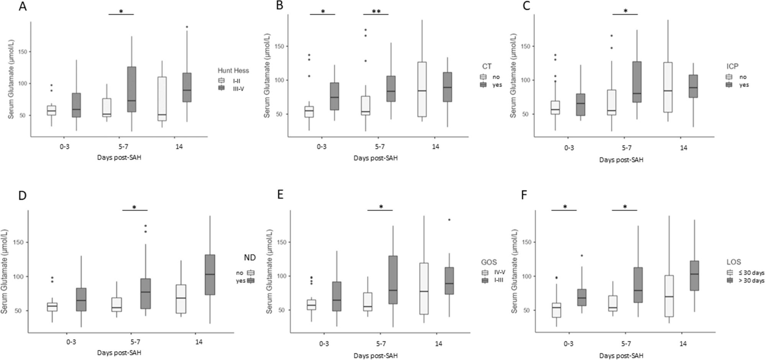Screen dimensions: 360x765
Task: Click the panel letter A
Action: click(23, 7)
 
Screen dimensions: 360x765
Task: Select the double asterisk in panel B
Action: click(376, 11)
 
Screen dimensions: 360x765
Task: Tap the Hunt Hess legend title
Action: click(233, 70)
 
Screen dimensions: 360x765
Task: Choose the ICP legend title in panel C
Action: click(732, 67)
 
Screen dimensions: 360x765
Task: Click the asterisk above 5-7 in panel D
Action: click(134, 207)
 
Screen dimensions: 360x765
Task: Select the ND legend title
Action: click(249, 258)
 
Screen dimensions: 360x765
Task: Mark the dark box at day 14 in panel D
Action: click(210, 275)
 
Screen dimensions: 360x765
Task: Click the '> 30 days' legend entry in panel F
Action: click(750, 281)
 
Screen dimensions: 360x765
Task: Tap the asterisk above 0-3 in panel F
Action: click(565, 207)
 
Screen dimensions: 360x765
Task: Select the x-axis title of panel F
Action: click(621, 355)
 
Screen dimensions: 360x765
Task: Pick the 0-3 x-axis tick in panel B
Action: click(322, 147)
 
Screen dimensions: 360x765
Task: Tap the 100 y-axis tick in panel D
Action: click(18, 277)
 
